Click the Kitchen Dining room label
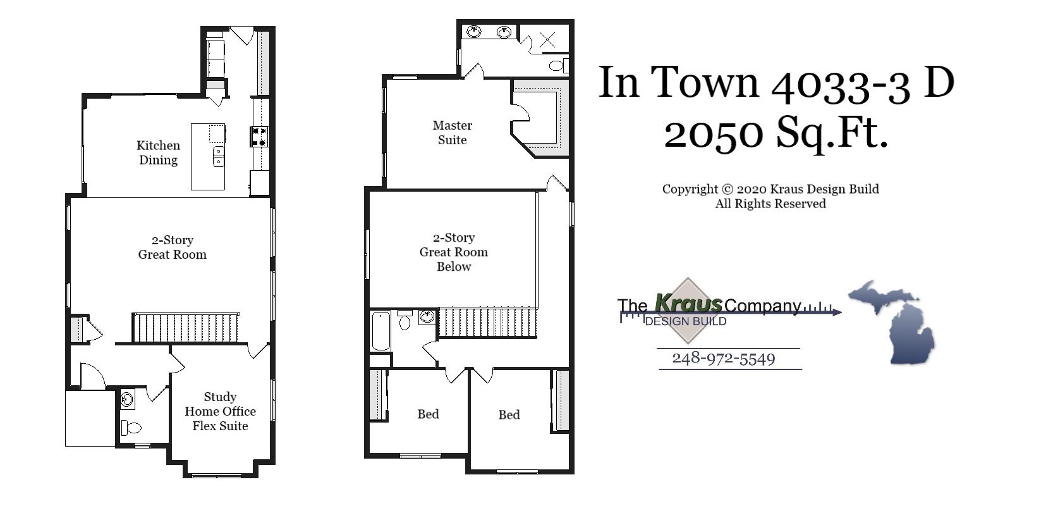coord(158,152)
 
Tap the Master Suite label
coord(452,133)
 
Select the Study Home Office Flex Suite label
coord(220,411)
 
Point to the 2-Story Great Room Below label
coord(453,252)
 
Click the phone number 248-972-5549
coord(723,359)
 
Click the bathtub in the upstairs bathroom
coord(380,331)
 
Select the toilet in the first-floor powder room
coord(131,428)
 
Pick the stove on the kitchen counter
coord(260,137)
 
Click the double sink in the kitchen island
coord(218,156)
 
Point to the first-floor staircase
coord(186,328)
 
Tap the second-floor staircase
coord(487,322)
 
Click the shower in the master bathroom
coord(547,40)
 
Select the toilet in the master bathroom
coord(557,65)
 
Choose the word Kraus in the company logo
coord(688,303)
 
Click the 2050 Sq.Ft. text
coord(776,133)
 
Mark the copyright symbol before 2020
coord(727,189)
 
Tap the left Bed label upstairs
coord(428,414)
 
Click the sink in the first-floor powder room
coord(126,399)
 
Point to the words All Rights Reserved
coord(770,204)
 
